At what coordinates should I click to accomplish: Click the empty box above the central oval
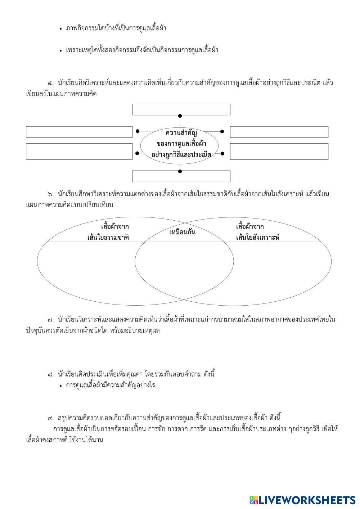click(x=181, y=109)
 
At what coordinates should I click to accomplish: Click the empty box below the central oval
click(x=181, y=176)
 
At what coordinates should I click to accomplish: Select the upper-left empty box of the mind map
click(x=79, y=132)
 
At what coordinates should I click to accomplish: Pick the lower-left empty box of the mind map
click(x=79, y=151)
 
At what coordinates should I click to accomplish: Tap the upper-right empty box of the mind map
click(x=279, y=132)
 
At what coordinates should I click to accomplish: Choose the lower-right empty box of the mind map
click(x=279, y=151)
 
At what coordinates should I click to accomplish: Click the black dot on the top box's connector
click(x=180, y=116)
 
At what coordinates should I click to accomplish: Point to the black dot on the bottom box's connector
click(x=180, y=171)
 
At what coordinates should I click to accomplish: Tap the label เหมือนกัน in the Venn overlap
click(x=182, y=232)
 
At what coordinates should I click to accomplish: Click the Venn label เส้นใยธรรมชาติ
click(x=108, y=238)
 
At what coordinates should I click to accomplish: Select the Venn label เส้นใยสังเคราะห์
click(x=258, y=238)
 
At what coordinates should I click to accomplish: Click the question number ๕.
click(x=50, y=83)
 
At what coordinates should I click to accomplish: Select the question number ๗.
click(x=50, y=319)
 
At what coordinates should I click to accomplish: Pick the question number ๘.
click(x=50, y=374)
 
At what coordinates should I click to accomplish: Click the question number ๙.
click(x=50, y=418)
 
